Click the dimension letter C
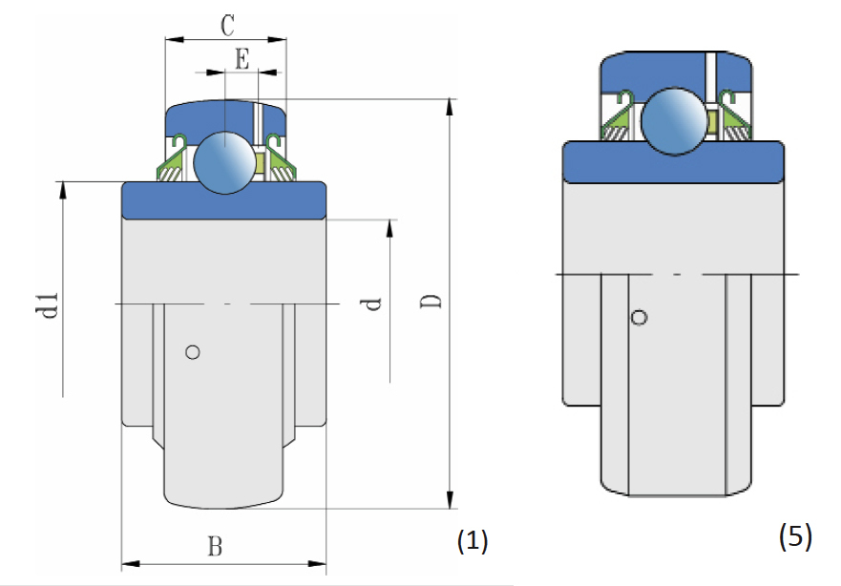[226, 26]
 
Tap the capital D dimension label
[431, 302]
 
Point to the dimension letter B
[216, 547]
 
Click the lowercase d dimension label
[373, 303]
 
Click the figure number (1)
[473, 543]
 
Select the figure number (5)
[795, 537]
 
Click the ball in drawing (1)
[222, 159]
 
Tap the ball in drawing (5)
[672, 121]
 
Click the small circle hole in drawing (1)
[193, 352]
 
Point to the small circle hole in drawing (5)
[640, 317]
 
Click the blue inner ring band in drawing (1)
[224, 200]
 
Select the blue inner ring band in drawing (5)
[673, 162]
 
